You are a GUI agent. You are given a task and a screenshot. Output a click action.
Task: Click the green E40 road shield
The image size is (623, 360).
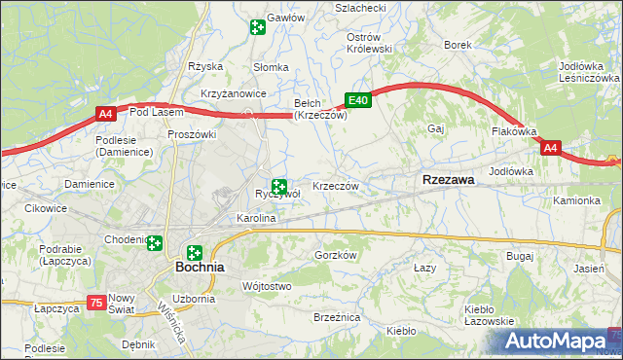(358, 100)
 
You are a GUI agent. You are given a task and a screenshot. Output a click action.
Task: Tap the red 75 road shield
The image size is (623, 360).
(95, 304)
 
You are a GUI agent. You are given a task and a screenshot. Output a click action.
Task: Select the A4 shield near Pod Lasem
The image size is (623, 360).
(107, 116)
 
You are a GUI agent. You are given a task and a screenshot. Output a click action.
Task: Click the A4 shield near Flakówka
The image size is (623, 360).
(551, 148)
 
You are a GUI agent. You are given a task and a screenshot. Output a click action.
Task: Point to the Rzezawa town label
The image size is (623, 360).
(449, 180)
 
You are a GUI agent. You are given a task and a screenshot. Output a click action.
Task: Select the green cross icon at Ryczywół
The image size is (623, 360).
(280, 186)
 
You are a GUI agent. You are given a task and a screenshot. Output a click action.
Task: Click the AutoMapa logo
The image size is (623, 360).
(562, 342)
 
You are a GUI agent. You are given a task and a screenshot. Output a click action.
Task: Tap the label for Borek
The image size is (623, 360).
(458, 45)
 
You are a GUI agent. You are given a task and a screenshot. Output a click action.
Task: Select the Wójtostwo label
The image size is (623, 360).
(266, 286)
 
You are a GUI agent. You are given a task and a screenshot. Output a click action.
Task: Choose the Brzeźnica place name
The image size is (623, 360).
(338, 317)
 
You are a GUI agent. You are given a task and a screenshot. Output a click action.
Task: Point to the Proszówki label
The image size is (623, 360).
(192, 133)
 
